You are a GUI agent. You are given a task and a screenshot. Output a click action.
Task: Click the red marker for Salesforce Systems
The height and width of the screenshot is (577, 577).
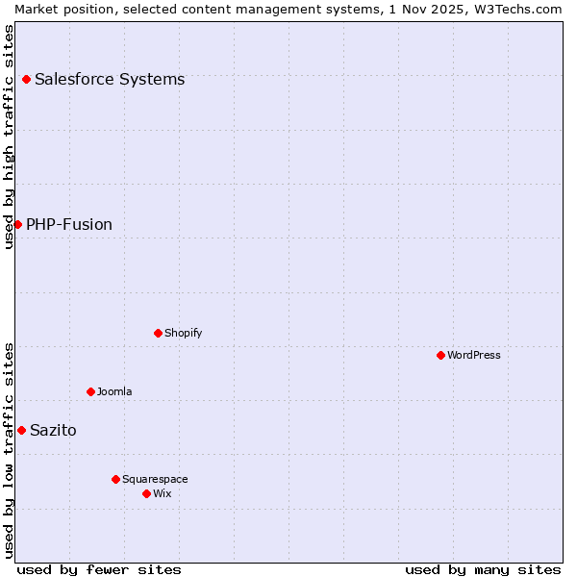26,79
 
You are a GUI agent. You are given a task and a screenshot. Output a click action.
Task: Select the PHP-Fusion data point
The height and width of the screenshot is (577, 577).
17,224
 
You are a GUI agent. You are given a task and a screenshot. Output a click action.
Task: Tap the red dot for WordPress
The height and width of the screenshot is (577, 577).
440,355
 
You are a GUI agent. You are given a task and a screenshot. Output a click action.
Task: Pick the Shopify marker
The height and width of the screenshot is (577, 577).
158,333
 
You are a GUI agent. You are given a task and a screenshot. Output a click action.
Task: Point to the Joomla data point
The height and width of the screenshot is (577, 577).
90,391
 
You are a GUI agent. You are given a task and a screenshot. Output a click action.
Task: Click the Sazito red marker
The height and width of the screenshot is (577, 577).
21,430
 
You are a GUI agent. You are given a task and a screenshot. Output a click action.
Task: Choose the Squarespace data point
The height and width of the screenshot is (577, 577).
115,479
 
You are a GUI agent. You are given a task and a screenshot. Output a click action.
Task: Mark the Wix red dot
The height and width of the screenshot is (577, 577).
146,493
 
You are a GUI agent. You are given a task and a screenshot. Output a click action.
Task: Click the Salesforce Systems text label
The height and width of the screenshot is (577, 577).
110,79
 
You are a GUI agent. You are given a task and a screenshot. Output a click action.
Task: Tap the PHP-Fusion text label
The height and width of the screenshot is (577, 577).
69,224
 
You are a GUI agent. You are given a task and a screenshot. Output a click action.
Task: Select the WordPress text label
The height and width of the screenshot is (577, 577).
474,355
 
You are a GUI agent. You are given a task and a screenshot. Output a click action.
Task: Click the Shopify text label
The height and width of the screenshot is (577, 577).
184,333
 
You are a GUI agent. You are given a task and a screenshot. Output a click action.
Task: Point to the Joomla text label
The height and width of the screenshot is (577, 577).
114,391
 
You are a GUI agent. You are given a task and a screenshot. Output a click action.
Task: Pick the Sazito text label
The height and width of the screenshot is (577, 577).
53,430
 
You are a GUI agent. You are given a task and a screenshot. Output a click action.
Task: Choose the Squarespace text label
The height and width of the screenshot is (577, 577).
155,479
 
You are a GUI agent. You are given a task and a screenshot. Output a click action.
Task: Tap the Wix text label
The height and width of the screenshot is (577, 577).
163,493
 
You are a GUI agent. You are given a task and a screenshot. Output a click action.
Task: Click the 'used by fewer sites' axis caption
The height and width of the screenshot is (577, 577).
99,569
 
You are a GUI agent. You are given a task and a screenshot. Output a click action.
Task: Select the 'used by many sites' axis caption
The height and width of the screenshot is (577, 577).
483,569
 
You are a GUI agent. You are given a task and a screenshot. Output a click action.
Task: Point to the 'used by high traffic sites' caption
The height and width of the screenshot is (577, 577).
9,137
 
